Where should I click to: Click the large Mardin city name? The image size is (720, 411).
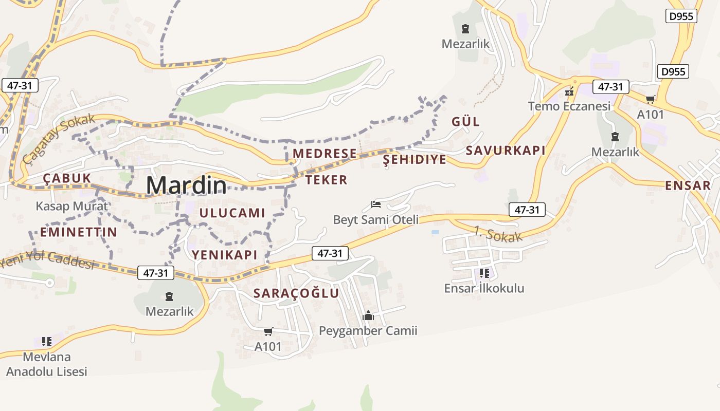coord(186,185)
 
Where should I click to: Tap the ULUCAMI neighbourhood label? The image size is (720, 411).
coord(232,213)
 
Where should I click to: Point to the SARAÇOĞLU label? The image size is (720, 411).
coord(296,293)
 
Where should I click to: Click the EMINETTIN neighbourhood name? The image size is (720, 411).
coord(79,232)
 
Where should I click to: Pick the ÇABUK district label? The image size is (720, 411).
coord(67,178)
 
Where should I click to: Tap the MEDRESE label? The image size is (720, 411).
coord(325,153)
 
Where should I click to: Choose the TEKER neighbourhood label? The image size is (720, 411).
coord(327,180)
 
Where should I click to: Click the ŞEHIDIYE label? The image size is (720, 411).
coord(415,159)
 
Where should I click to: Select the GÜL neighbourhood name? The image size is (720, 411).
coord(465,122)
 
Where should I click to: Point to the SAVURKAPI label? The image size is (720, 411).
coord(505,150)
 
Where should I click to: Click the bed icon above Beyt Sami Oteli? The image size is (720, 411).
coord(376,204)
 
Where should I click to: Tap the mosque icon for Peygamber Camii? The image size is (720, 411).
coord(368,315)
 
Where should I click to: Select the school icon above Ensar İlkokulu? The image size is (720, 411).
coord(484,273)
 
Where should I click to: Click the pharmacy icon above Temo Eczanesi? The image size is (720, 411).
coord(569,92)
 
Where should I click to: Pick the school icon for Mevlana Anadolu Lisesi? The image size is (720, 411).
coord(47,342)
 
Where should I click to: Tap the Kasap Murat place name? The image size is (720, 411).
coord(71,207)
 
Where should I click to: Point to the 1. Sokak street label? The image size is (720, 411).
coord(498,234)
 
